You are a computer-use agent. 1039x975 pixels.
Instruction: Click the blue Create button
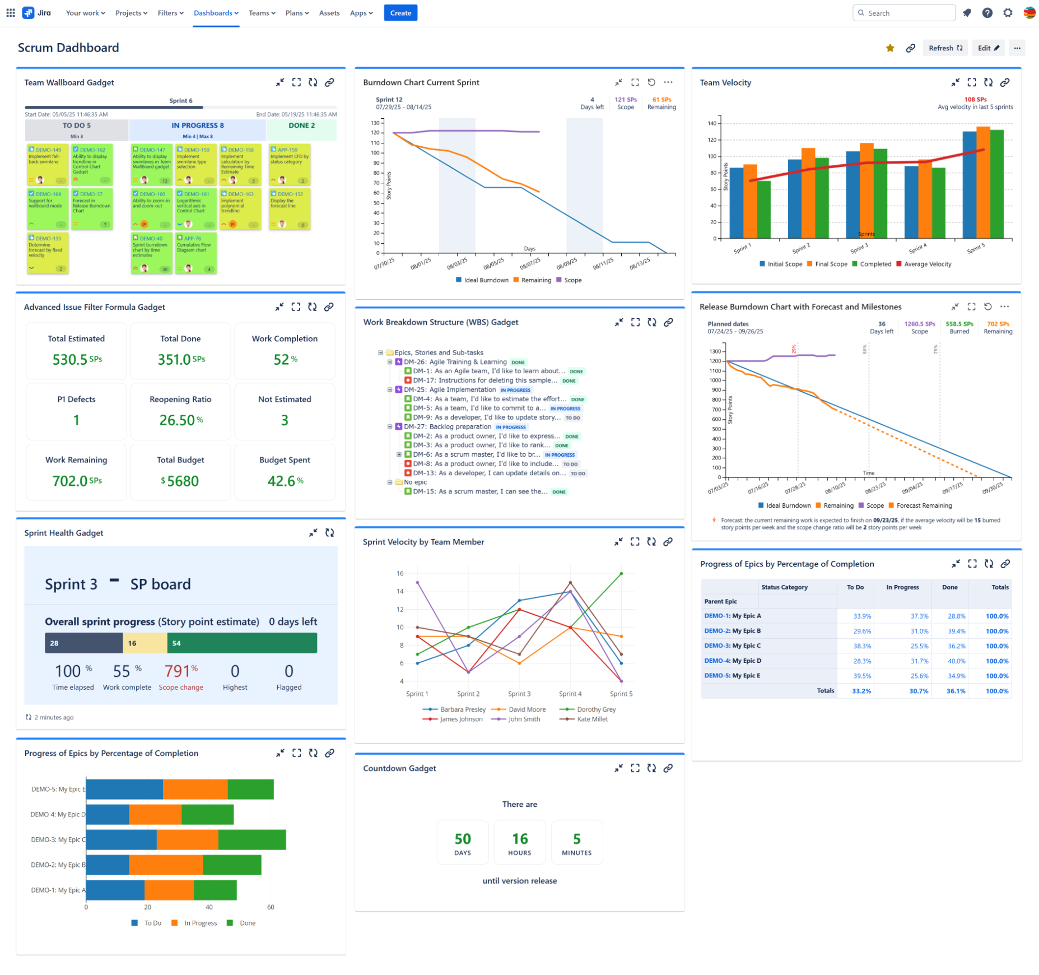click(x=400, y=13)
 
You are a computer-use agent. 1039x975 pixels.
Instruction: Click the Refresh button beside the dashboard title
click(x=945, y=48)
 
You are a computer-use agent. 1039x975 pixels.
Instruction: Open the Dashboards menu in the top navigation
click(x=216, y=13)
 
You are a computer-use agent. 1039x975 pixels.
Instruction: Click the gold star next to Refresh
click(x=889, y=48)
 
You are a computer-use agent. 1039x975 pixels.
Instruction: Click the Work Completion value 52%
click(x=285, y=359)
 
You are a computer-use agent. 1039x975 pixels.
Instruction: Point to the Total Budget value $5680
click(x=180, y=481)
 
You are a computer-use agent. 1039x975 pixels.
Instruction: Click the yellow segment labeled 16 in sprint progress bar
click(x=145, y=643)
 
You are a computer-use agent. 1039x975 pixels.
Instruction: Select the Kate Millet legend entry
click(x=591, y=719)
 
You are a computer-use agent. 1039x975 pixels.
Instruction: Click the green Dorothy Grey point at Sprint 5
click(x=621, y=573)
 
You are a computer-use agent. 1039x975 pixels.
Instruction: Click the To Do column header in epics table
click(x=855, y=587)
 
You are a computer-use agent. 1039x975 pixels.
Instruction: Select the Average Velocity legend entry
click(x=927, y=264)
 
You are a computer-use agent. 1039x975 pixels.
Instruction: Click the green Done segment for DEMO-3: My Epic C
click(x=251, y=839)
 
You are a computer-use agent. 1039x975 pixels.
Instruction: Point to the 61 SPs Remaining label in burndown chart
click(x=661, y=103)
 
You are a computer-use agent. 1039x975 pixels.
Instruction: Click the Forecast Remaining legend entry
click(x=923, y=505)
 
